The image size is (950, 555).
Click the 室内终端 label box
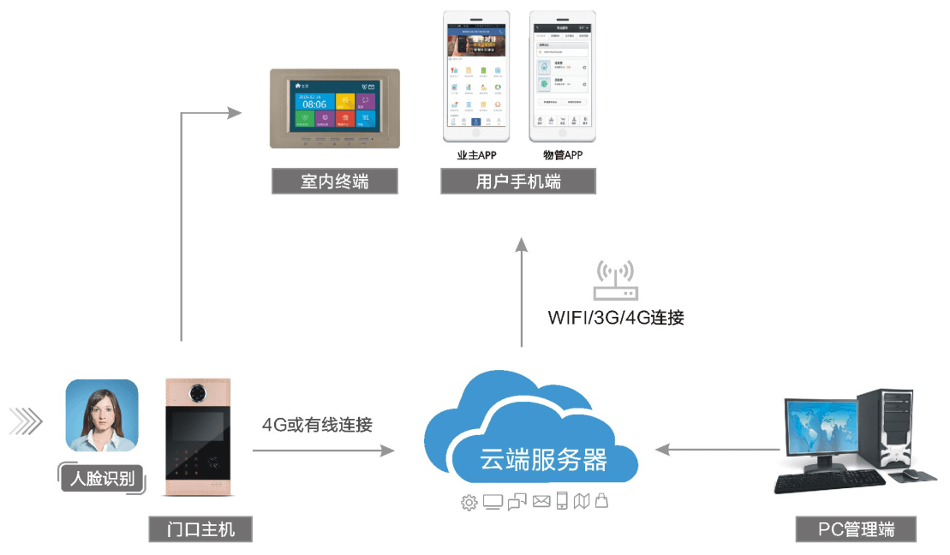click(x=335, y=182)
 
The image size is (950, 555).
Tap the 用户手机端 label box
click(x=518, y=182)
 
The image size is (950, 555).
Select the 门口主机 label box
click(x=201, y=529)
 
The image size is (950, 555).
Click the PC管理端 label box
click(x=856, y=529)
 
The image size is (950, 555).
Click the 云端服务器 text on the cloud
click(x=531, y=460)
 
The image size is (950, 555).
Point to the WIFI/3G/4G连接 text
click(x=616, y=318)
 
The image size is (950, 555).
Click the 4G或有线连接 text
click(x=317, y=424)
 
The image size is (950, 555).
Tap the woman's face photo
click(x=102, y=415)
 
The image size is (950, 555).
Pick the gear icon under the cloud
click(x=469, y=503)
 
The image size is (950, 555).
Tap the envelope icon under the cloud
click(x=541, y=502)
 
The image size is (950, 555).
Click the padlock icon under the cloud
click(x=601, y=501)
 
